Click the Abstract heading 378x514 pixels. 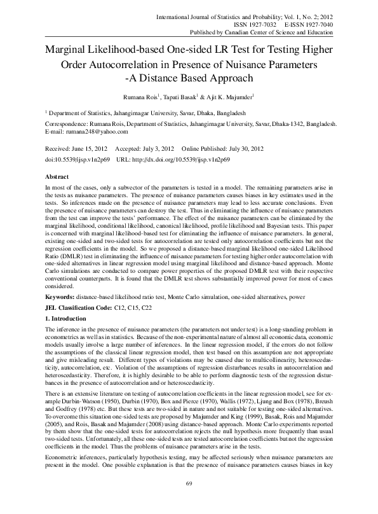coord(58,175)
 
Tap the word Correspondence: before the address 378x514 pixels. coord(70,124)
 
